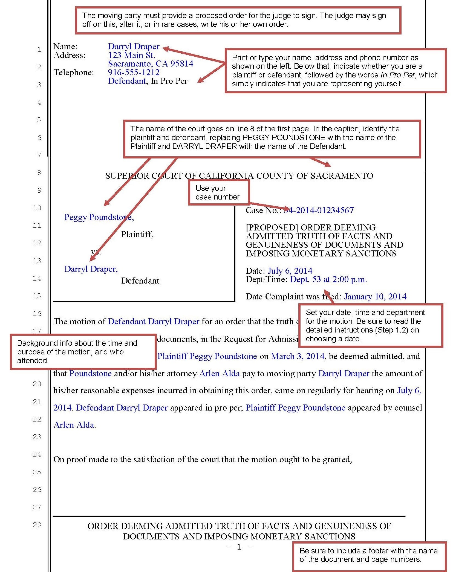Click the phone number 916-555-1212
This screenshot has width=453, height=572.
(134, 72)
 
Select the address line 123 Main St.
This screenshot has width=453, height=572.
(131, 55)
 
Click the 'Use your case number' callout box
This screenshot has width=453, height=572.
(218, 192)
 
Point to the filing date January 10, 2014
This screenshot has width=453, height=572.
(375, 296)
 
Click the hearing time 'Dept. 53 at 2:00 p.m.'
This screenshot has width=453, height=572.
(328, 279)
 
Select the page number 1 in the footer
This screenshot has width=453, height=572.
(239, 547)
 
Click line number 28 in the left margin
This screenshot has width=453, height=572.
(37, 525)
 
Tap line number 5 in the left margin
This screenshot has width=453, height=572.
(39, 120)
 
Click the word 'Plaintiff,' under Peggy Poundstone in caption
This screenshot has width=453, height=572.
(137, 234)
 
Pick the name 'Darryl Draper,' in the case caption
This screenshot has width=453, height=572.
(91, 269)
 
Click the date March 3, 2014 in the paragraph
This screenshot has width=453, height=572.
(298, 356)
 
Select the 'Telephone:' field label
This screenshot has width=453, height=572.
(74, 73)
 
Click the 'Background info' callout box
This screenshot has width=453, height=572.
(83, 352)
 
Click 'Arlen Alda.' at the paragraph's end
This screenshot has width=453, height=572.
(75, 425)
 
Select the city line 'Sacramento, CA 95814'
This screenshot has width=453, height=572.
(151, 64)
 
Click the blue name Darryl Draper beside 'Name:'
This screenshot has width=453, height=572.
(134, 47)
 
